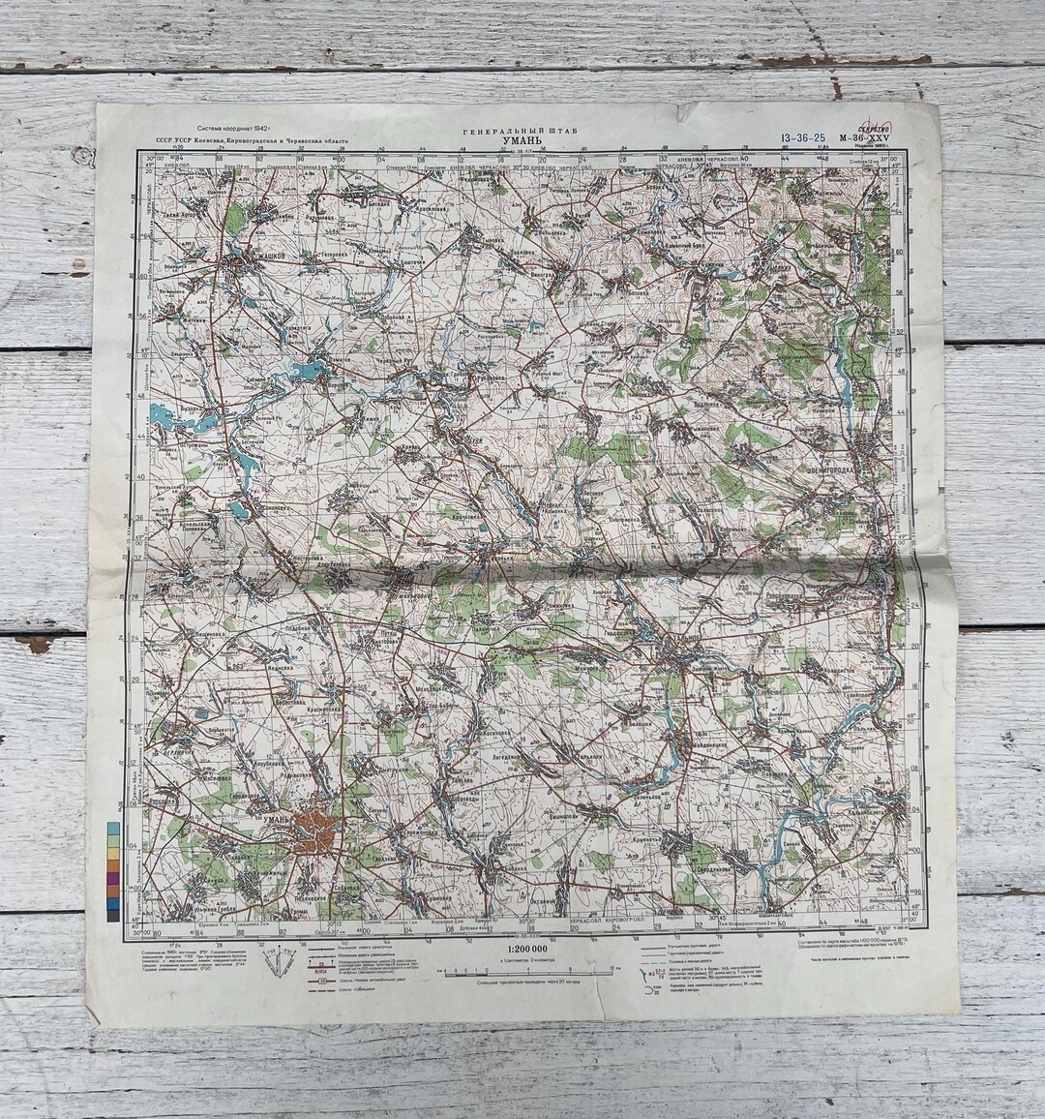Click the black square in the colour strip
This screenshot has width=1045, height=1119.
coord(113,915)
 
